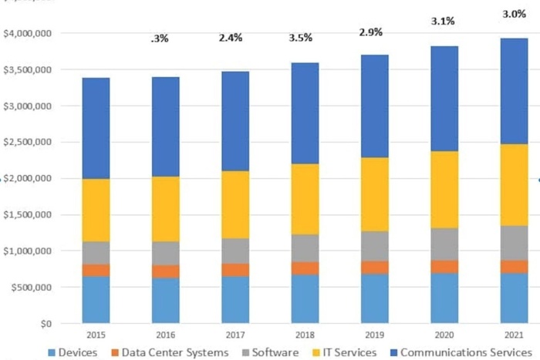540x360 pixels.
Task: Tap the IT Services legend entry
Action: [x=339, y=352]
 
